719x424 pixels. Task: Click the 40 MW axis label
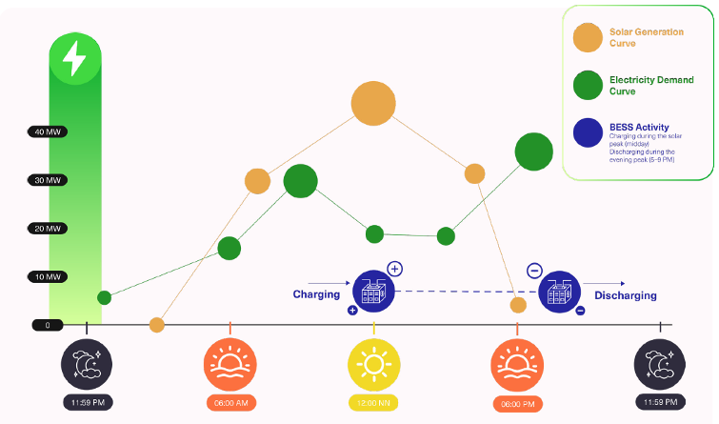(48, 131)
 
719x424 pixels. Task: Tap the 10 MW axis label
(48, 276)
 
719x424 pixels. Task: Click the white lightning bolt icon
(74, 59)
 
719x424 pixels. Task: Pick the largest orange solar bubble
(372, 103)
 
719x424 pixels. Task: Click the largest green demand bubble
(534, 151)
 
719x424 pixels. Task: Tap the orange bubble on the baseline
(157, 325)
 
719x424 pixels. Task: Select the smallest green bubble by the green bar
(104, 298)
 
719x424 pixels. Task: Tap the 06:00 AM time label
(230, 402)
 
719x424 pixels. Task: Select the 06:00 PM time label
(517, 403)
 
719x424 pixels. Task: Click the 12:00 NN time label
(373, 402)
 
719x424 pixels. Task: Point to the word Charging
(316, 294)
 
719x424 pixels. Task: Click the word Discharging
(625, 295)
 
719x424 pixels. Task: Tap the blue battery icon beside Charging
(372, 291)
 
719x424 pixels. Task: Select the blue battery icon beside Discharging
(559, 292)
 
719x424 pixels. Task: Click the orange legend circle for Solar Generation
(588, 38)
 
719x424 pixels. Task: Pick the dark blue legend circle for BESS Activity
(588, 133)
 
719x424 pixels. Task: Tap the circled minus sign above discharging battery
(534, 271)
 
